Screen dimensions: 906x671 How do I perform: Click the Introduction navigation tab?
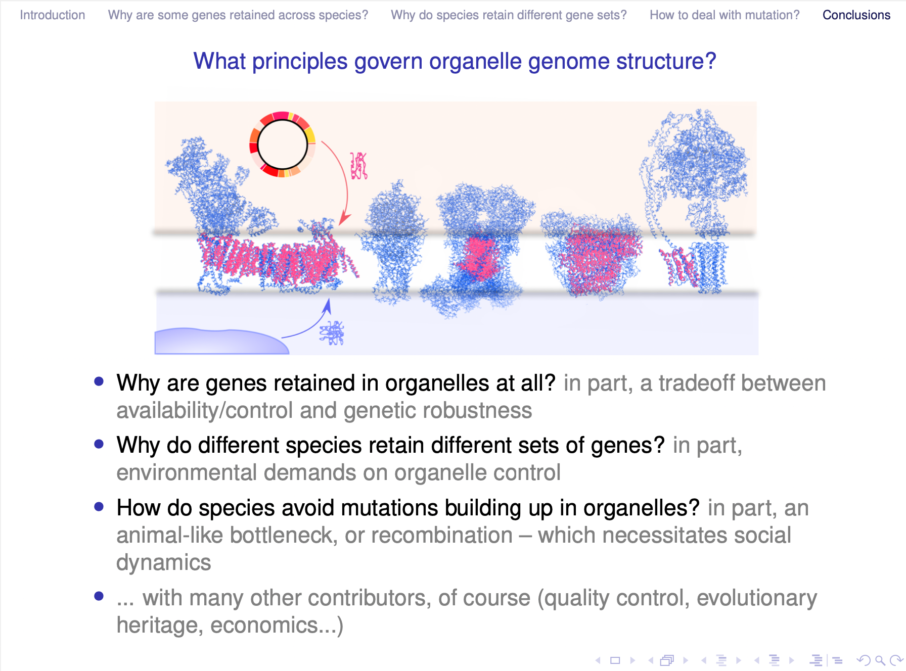[53, 15]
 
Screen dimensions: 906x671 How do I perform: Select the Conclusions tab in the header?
[856, 15]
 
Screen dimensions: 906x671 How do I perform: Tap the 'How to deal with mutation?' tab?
[724, 15]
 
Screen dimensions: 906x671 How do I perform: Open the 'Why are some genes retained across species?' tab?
[238, 15]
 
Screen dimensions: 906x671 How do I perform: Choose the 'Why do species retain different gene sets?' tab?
[509, 15]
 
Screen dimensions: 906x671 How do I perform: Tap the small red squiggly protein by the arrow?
[359, 166]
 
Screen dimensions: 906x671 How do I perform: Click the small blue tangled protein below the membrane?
[332, 332]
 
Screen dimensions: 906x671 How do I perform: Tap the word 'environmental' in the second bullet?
[187, 472]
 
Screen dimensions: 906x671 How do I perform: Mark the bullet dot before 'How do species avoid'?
[99, 507]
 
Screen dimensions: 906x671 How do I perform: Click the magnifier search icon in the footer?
[880, 660]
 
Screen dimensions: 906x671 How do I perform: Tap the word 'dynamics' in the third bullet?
[164, 562]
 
